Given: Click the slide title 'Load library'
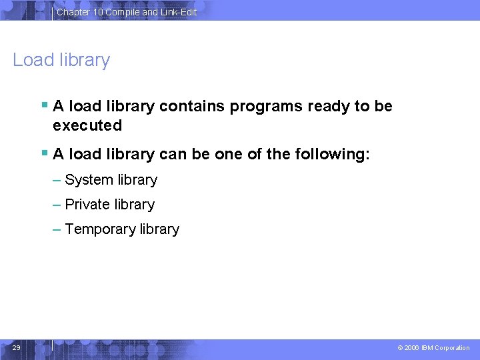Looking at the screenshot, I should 61,60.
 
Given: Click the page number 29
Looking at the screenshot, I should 17,347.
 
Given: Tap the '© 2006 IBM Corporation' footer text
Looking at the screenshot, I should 433,348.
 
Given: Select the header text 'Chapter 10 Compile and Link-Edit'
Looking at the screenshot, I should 127,12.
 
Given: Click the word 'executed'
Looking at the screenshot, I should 87,125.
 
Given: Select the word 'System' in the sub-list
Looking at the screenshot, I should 89,180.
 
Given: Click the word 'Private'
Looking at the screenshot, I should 88,205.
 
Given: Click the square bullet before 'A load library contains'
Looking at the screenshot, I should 44,105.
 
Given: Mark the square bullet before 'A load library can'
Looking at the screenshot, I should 44,153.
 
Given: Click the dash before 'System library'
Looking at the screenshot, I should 57,180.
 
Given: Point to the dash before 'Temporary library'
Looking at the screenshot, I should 57,229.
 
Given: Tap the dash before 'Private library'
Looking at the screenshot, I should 57,205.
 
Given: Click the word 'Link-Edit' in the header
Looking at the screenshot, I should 179,12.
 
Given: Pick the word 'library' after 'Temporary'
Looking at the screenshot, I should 159,229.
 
